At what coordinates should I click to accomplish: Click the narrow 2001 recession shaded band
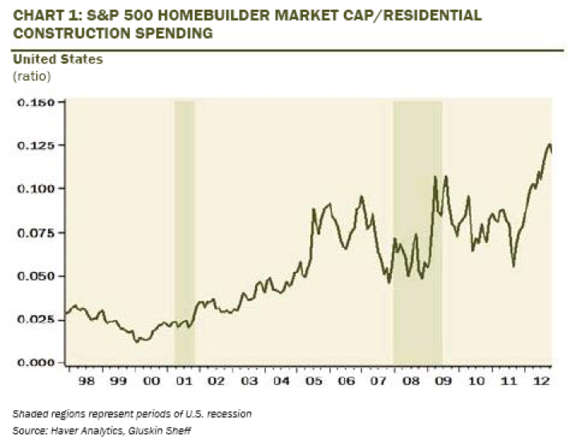click(184, 233)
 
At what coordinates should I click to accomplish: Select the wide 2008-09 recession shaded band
click(417, 233)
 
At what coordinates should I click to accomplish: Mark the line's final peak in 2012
click(549, 144)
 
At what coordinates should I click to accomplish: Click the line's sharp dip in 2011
click(513, 266)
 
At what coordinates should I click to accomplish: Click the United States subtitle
click(46, 59)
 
